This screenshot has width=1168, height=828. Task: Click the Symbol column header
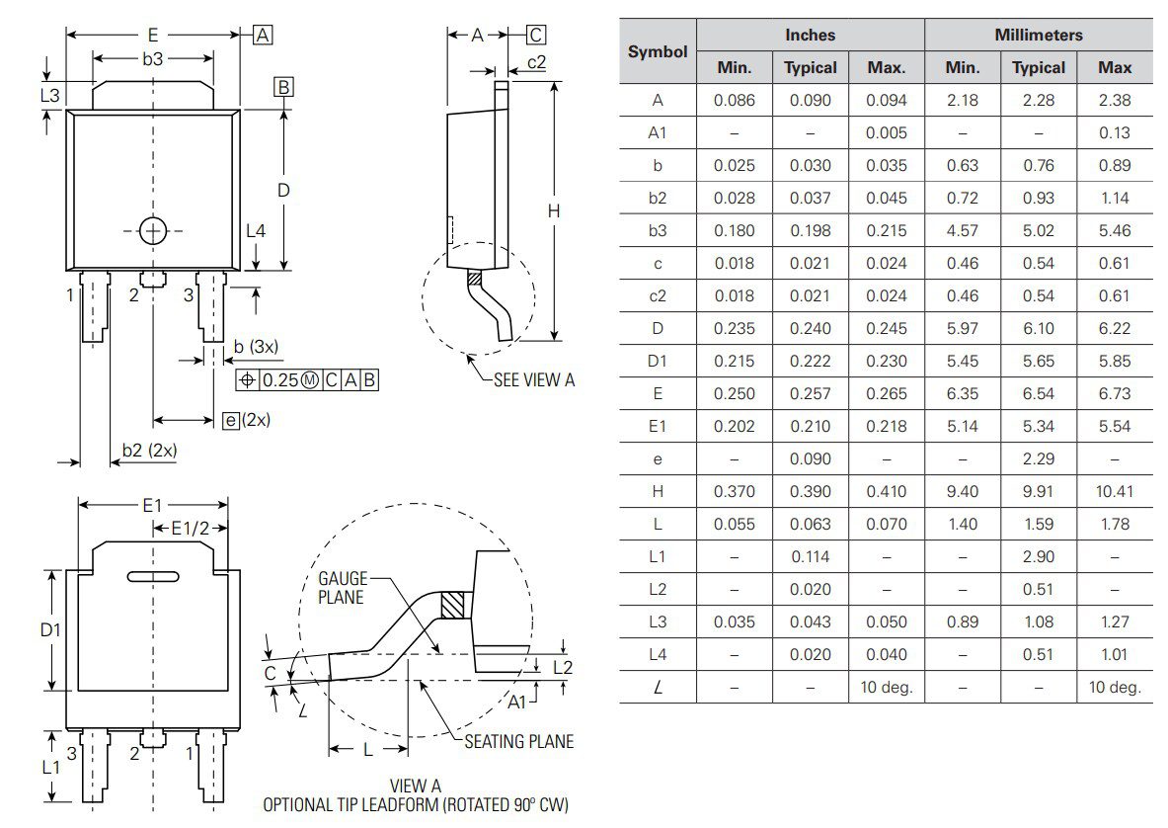pyautogui.click(x=658, y=51)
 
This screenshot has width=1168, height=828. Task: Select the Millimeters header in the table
pyautogui.click(x=1038, y=35)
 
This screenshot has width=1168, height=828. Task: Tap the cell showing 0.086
pyautogui.click(x=734, y=100)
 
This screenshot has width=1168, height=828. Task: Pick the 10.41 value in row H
pyautogui.click(x=1115, y=491)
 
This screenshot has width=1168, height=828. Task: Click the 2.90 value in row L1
pyautogui.click(x=1039, y=556)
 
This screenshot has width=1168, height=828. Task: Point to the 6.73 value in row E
pyautogui.click(x=1115, y=393)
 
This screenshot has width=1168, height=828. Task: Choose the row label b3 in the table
pyautogui.click(x=658, y=230)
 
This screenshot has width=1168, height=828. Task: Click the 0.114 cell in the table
pyautogui.click(x=810, y=556)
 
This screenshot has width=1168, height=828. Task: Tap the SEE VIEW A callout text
pyautogui.click(x=533, y=379)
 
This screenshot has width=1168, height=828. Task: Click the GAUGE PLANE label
pyautogui.click(x=342, y=588)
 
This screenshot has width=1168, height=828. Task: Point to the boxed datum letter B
pyautogui.click(x=283, y=87)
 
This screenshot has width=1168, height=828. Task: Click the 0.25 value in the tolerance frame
pyautogui.click(x=279, y=380)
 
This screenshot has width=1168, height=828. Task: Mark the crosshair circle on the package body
pyautogui.click(x=153, y=230)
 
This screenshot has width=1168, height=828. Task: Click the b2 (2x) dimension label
pyautogui.click(x=149, y=451)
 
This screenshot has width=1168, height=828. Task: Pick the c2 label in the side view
pyautogui.click(x=537, y=62)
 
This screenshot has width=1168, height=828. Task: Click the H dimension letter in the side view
pyautogui.click(x=554, y=210)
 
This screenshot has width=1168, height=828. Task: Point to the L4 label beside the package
pyautogui.click(x=256, y=230)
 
